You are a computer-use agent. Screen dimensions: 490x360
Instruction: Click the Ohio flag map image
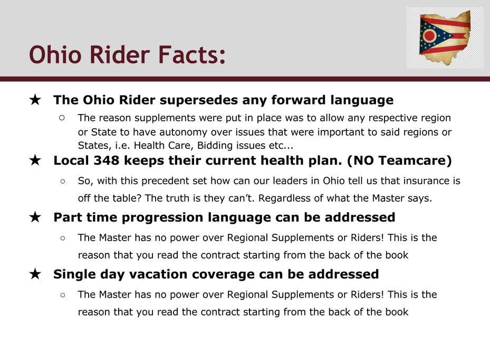tap(445, 38)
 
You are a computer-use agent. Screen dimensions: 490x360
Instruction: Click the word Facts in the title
tap(192, 55)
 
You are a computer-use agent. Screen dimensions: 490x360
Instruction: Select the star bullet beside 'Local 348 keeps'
tap(35, 160)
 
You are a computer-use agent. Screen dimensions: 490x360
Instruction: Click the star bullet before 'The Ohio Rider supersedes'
tap(35, 100)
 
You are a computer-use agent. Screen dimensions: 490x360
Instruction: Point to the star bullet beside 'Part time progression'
tap(35, 217)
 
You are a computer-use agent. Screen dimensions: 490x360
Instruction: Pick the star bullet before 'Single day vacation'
tap(35, 274)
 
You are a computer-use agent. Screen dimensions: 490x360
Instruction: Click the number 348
tap(107, 160)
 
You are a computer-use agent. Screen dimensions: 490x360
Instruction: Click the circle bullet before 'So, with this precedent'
tap(63, 181)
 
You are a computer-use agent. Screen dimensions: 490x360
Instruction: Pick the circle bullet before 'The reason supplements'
tap(62, 118)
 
